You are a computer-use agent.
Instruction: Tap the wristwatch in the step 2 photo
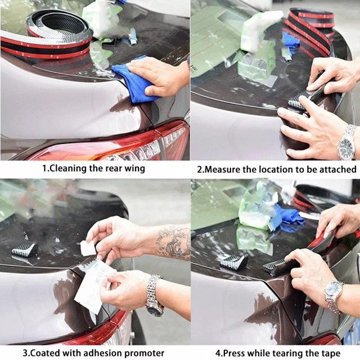346,142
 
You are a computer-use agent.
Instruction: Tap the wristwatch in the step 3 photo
154,296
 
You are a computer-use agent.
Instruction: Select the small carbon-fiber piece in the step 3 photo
24,250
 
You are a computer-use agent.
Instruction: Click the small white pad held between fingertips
88,248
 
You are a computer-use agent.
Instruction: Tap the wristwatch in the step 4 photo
334,296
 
